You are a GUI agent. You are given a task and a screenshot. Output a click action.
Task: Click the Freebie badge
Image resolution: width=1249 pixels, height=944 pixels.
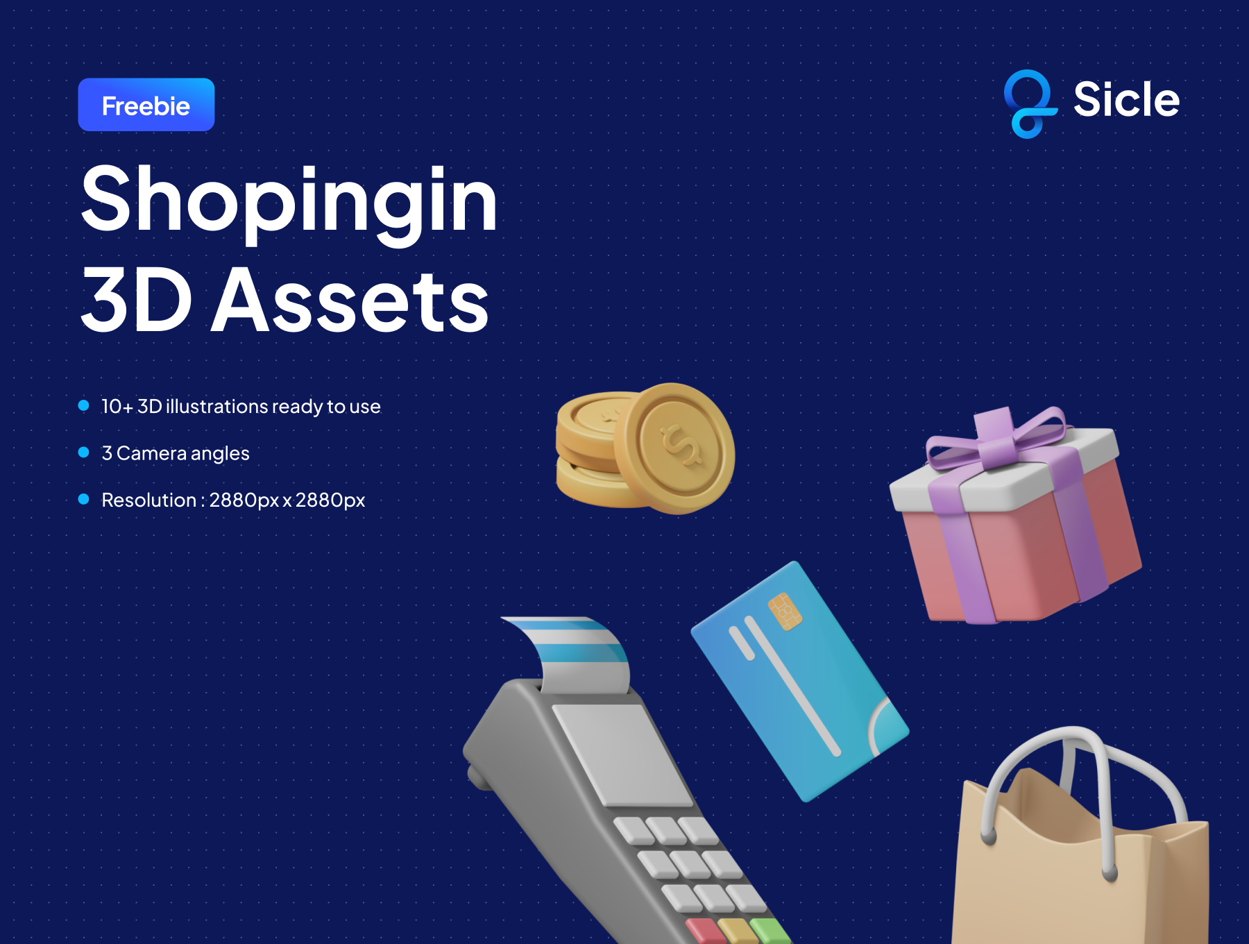pos(146,105)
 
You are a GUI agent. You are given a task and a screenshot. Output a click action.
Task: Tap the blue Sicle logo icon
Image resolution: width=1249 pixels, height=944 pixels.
pos(1030,104)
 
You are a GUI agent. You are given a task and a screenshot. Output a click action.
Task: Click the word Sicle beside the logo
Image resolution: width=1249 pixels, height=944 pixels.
pos(1126,99)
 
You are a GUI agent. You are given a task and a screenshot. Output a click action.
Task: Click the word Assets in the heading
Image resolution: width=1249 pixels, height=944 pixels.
pos(350,301)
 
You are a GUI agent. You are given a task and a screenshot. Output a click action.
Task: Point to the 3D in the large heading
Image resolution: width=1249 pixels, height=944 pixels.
pos(137,301)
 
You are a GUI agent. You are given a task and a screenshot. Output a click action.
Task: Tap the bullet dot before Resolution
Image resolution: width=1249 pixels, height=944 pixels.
pos(84,499)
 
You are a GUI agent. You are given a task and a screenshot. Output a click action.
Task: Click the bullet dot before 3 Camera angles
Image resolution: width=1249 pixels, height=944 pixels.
pos(84,453)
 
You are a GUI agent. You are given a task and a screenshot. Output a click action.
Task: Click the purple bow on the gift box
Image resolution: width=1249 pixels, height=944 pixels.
pos(996,438)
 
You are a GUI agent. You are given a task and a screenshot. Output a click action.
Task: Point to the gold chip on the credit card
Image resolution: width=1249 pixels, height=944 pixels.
pos(785,611)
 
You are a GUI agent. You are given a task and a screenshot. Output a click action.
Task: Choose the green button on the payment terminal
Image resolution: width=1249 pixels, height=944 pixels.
pos(770,931)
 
